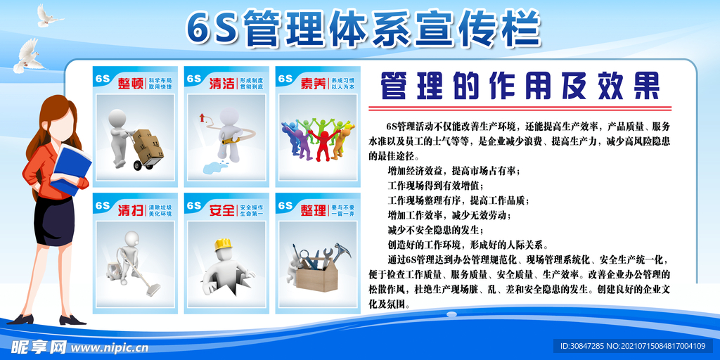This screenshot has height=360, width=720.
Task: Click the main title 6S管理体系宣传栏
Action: coord(363,28)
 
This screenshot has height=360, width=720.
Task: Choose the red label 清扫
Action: coord(130,209)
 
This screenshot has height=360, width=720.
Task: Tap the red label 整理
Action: coord(313,209)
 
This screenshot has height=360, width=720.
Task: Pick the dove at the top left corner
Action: coord(49,15)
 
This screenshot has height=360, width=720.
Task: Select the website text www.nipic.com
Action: coord(109,347)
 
